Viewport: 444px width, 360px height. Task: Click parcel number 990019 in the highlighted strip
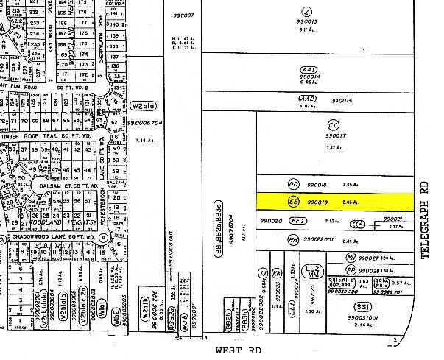tap(317, 201)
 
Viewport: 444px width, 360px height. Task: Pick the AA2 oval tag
tap(307, 99)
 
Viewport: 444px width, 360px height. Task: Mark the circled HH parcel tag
tap(293, 239)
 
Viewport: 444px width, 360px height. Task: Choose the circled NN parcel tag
tap(351, 258)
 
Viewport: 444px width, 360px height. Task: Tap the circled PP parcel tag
tap(351, 270)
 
